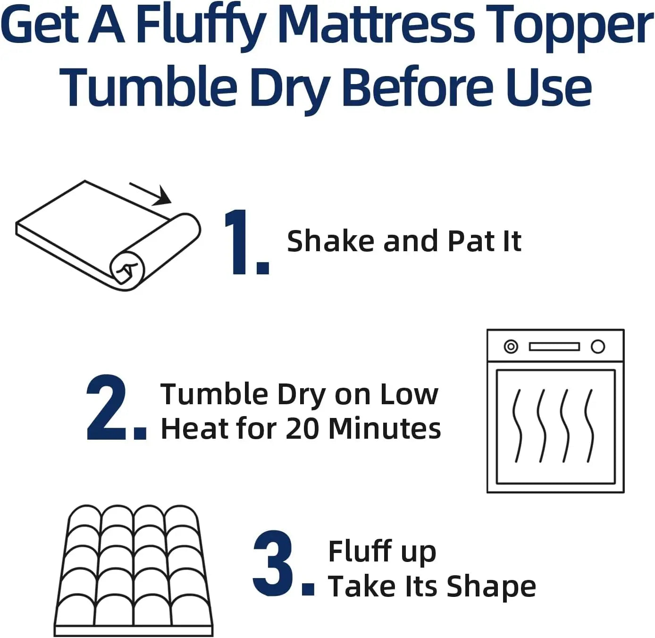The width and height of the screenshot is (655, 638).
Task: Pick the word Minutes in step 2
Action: pyautogui.click(x=384, y=428)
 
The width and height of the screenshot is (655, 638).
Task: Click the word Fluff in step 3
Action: pyautogui.click(x=360, y=551)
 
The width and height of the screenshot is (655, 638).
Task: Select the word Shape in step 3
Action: pyautogui.click(x=491, y=586)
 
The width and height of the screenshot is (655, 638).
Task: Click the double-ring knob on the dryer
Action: pyautogui.click(x=511, y=347)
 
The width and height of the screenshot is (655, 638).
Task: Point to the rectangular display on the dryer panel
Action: pyautogui.click(x=554, y=347)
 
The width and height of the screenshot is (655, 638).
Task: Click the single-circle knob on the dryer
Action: pyautogui.click(x=598, y=347)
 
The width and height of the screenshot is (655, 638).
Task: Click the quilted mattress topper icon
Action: pyautogui.click(x=134, y=571)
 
